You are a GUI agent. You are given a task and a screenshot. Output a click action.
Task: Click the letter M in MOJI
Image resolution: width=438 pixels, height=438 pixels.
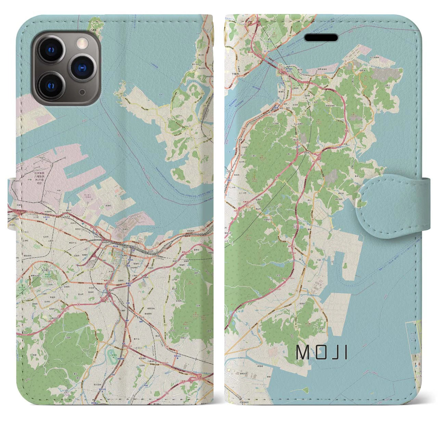(x=301, y=352)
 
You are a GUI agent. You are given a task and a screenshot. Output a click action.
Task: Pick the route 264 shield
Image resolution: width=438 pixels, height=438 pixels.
(x=179, y=243)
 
